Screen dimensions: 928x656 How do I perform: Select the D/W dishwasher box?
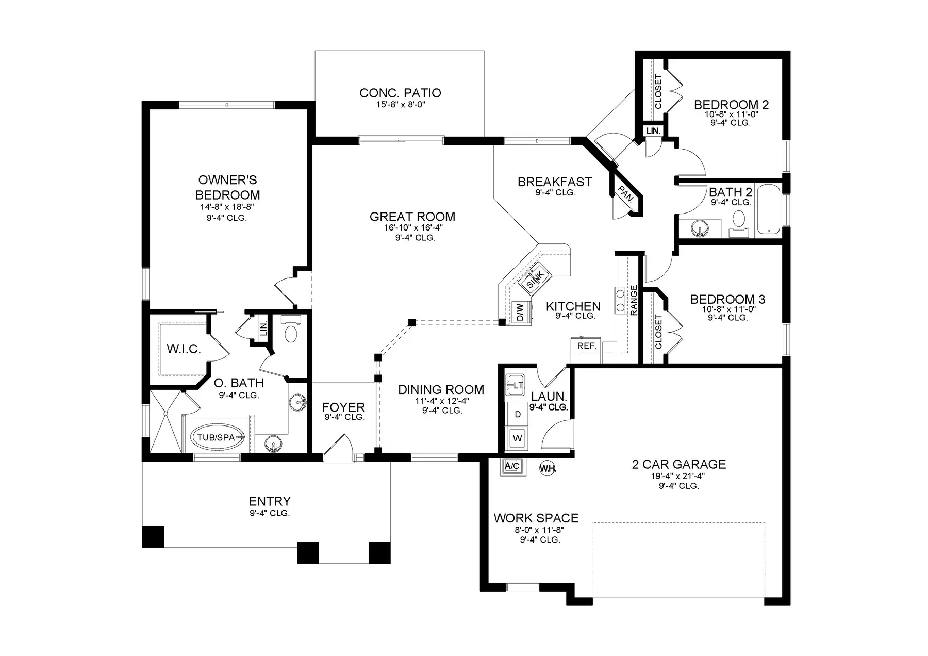[521, 312]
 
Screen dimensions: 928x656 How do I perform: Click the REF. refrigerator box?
[587, 346]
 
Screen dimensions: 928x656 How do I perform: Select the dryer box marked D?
[518, 414]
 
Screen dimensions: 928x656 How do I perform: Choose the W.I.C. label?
[184, 349]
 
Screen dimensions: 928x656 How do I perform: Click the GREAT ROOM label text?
[412, 217]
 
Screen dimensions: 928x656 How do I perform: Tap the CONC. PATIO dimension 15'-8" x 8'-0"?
[400, 105]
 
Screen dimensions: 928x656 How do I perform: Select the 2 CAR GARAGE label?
[679, 464]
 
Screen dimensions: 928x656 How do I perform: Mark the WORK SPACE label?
[536, 518]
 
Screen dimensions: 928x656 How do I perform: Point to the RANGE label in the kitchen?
[634, 300]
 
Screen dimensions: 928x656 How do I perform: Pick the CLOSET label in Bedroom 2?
[658, 92]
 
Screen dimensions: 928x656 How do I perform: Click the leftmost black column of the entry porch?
[153, 536]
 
